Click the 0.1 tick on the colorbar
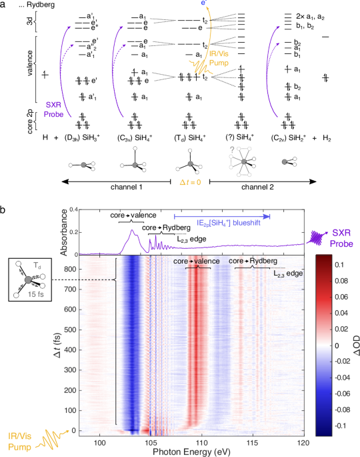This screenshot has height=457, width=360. coord(344,265)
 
